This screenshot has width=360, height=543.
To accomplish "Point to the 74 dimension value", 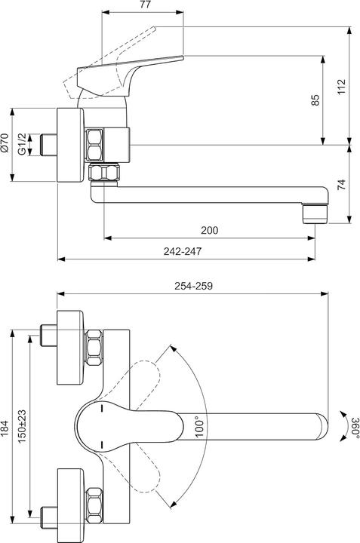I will [x=343, y=184].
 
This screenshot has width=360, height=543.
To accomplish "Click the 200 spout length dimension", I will [x=210, y=231].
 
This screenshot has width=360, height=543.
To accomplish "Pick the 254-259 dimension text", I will [x=195, y=287].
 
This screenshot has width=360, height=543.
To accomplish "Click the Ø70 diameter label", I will [x=5, y=143].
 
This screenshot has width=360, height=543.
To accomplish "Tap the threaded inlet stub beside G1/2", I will [x=49, y=144].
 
